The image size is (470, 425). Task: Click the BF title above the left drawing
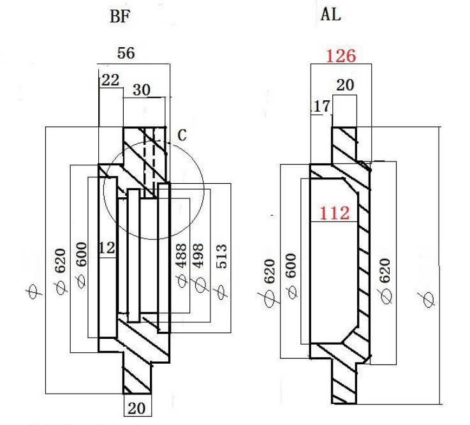click(x=120, y=17)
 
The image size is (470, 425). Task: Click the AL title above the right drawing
click(x=330, y=14)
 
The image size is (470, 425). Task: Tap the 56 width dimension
click(x=126, y=53)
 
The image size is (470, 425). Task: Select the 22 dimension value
click(x=110, y=80)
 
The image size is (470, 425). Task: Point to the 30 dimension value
click(x=142, y=90)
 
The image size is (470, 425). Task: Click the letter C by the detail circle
click(x=182, y=135)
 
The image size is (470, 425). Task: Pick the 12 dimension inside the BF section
click(x=107, y=248)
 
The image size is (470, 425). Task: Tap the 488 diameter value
click(x=181, y=255)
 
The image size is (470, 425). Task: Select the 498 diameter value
click(x=198, y=255)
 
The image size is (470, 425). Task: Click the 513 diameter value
click(x=221, y=256)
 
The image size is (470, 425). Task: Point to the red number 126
click(x=341, y=56)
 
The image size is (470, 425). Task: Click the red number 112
click(x=335, y=213)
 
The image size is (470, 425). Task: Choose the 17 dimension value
click(x=321, y=106)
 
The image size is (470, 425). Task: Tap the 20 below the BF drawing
click(x=136, y=408)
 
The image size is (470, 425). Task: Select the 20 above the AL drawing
click(x=345, y=85)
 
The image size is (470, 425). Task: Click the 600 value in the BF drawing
click(x=81, y=255)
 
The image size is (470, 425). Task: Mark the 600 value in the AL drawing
click(x=291, y=265)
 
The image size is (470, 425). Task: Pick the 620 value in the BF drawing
click(x=60, y=260)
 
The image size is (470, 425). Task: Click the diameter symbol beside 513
click(x=221, y=292)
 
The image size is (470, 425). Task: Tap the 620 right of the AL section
click(x=385, y=271)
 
